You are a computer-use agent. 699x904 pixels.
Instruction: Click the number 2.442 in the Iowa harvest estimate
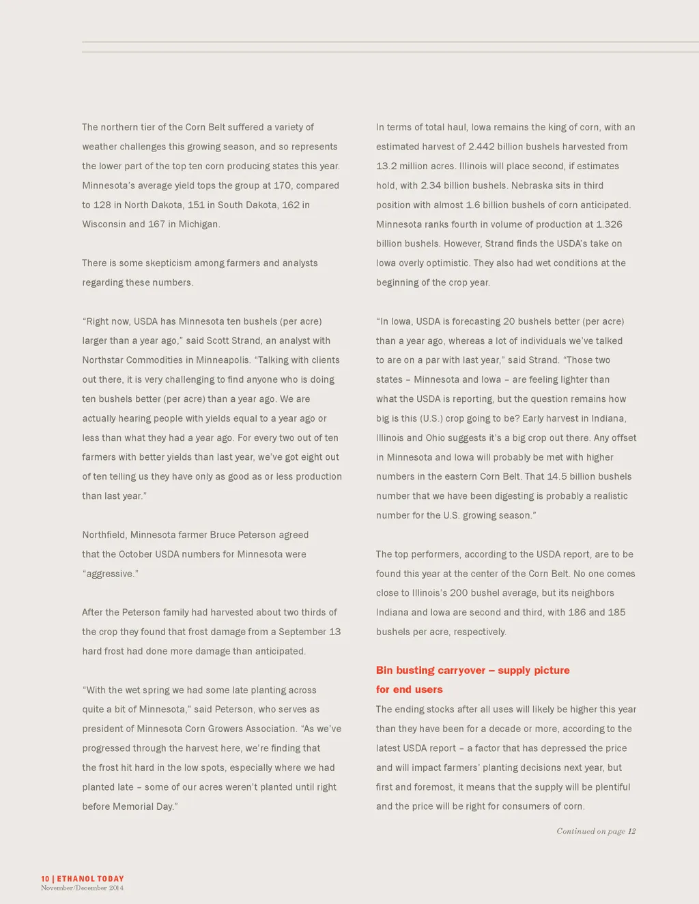click(482, 147)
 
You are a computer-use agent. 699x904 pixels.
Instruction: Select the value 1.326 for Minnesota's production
click(608, 224)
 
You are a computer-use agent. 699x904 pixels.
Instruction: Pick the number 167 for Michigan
click(157, 224)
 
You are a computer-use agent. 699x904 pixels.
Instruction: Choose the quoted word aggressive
click(110, 574)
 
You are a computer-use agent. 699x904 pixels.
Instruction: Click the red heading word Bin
click(384, 671)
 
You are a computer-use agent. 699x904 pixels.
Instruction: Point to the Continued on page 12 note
click(596, 831)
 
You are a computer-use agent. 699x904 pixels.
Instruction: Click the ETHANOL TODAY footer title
click(90, 879)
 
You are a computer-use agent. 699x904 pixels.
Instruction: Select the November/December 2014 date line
click(82, 888)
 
